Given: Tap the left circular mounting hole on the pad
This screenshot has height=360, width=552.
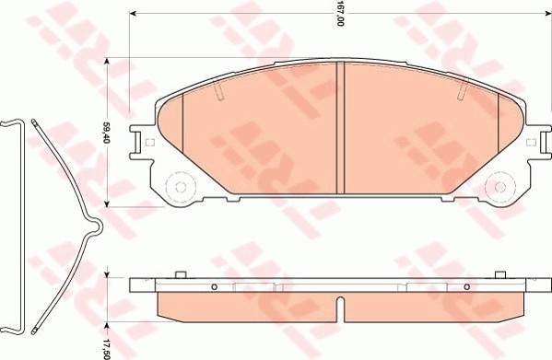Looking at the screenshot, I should [178, 186].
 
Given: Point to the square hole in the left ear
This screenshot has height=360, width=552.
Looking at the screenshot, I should [148, 142].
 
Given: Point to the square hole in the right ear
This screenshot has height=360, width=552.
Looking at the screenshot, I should [532, 143].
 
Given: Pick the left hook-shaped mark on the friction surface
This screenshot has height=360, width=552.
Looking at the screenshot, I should [219, 90].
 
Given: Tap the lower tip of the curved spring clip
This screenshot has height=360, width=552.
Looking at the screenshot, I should [33, 329].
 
